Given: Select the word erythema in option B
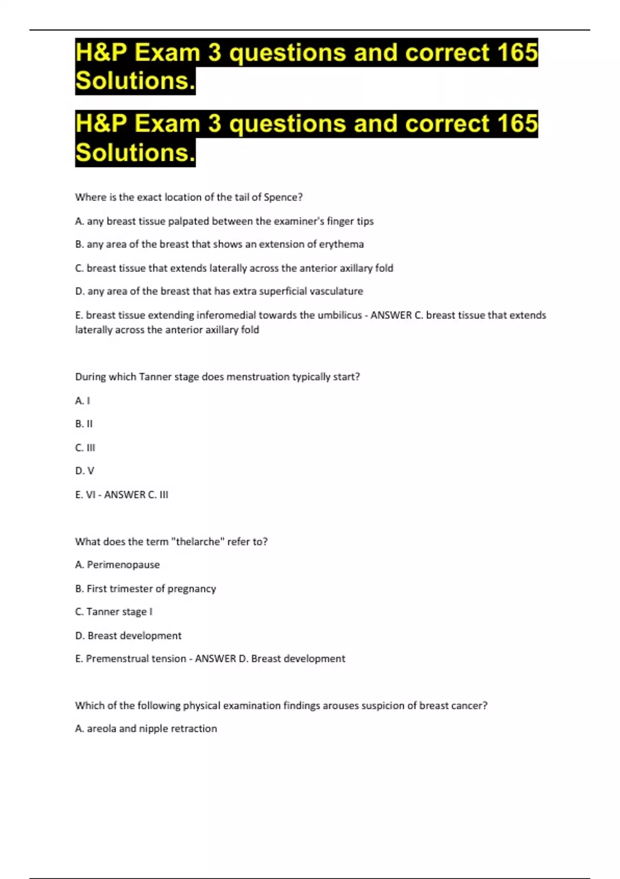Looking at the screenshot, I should [x=341, y=244].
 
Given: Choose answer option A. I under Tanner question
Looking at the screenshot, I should [x=83, y=401].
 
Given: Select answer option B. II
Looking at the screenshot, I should [x=84, y=424].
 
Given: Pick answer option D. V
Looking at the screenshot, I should [x=85, y=471].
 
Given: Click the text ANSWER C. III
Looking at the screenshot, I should [x=136, y=495].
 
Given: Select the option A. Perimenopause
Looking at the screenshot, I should [x=117, y=565].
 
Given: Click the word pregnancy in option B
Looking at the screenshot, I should [x=192, y=588].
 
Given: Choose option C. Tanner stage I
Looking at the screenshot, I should [x=114, y=612].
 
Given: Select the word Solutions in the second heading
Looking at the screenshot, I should [x=135, y=153].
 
